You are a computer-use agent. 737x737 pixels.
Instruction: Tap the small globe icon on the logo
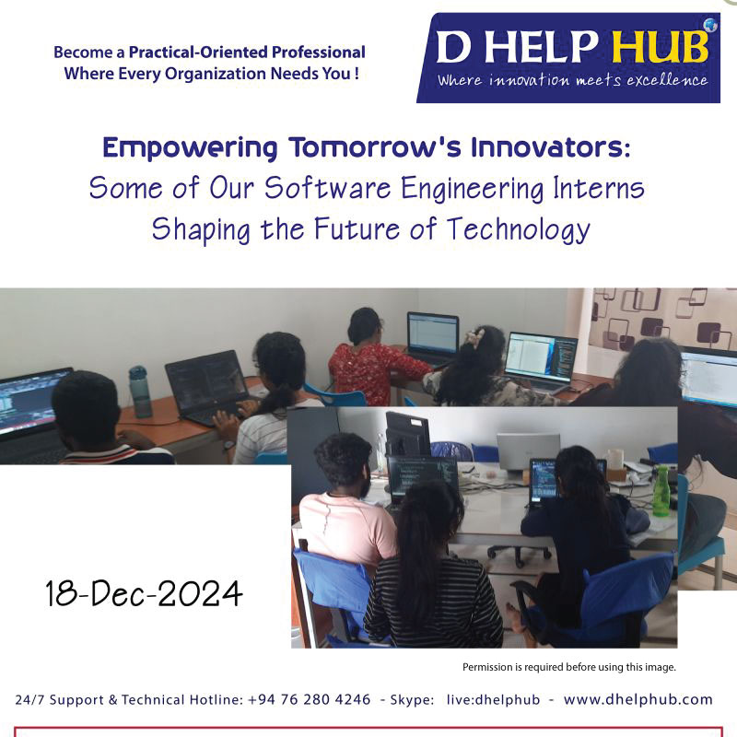point(710,25)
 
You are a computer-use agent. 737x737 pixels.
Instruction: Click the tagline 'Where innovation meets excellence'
point(572,80)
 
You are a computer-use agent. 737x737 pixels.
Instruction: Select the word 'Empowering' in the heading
point(190,148)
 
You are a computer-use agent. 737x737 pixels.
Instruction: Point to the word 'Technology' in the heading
point(518,229)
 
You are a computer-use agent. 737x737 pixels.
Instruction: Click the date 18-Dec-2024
point(144,593)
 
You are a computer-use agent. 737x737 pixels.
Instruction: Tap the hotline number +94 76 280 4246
point(309,699)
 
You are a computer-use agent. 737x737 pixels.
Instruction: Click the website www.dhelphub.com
point(638,699)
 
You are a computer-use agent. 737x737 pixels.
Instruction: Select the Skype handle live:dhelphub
point(493,699)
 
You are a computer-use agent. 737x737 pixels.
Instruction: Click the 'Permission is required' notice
point(569,667)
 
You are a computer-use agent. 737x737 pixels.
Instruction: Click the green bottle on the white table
point(661,491)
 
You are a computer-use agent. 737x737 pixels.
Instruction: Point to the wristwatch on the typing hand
point(228,445)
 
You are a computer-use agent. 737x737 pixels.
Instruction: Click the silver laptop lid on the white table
point(528,450)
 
